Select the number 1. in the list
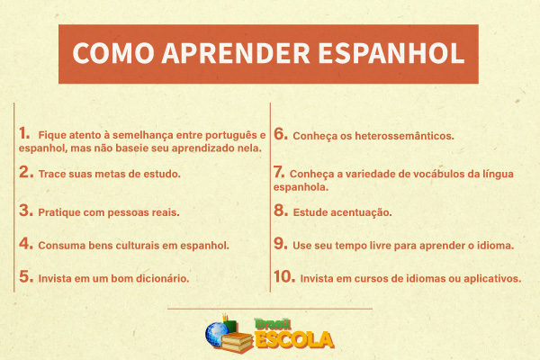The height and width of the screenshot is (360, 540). click(24, 132)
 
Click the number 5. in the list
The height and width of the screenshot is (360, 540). click(25, 277)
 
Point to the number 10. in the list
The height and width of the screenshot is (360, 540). click(284, 277)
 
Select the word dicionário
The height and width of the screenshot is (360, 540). click(158, 279)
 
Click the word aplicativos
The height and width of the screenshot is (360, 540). click(490, 279)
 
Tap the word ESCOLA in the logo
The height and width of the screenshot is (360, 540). click(295, 340)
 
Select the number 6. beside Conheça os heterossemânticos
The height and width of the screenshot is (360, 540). click(280, 134)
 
